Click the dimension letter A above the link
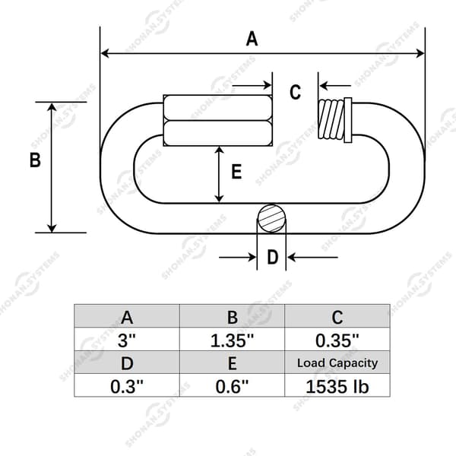click(x=252, y=39)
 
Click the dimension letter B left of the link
click(x=35, y=160)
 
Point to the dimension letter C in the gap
click(x=295, y=92)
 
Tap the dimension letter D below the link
click(x=273, y=257)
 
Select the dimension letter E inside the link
click(x=236, y=171)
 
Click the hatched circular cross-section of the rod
click(x=272, y=219)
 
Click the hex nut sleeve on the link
click(x=218, y=120)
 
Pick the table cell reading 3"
click(x=127, y=340)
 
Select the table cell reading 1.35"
click(x=232, y=340)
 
